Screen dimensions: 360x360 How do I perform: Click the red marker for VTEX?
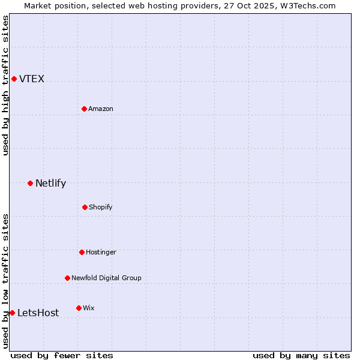[14, 79]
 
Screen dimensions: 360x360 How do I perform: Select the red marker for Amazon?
[84, 109]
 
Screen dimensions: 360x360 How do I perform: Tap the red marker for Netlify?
[30, 183]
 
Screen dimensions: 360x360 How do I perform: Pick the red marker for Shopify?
[85, 207]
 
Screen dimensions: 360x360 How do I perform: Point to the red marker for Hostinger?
[82, 252]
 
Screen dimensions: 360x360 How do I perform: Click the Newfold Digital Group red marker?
[67, 278]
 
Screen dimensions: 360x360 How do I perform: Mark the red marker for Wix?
[79, 308]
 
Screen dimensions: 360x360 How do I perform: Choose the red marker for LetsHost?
[12, 313]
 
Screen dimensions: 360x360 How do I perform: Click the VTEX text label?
[32, 79]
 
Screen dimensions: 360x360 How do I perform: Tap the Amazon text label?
[101, 109]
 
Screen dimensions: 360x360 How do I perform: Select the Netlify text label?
[50, 184]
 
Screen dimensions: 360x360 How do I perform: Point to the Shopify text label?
[101, 208]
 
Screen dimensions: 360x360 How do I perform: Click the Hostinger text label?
[101, 253]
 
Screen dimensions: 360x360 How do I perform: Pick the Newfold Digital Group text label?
[106, 278]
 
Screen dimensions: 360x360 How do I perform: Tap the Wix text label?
[89, 308]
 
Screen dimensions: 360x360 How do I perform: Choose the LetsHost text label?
[38, 313]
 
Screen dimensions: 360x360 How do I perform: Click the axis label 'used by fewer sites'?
[62, 355]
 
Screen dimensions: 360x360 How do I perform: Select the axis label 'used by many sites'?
[301, 355]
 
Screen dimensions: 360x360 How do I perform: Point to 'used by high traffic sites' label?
[5, 85]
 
